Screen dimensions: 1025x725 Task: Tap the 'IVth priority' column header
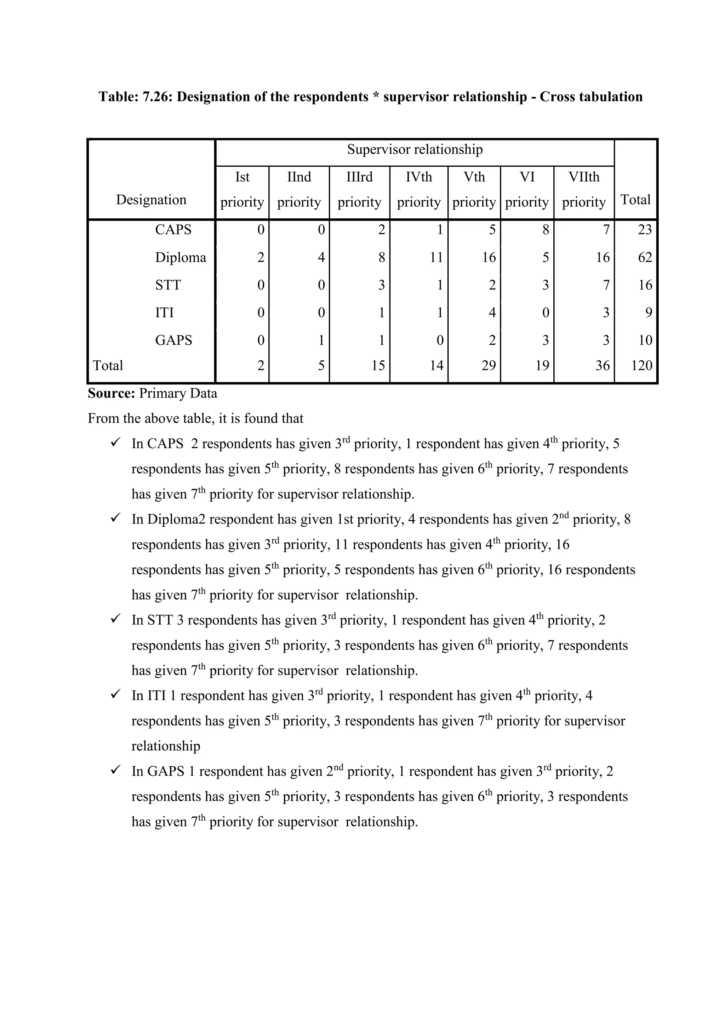tap(418, 190)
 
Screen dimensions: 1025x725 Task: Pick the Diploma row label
tap(180, 258)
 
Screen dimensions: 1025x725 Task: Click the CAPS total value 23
tap(645, 230)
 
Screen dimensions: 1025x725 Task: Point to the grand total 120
tap(641, 366)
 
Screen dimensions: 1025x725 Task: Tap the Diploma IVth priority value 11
tap(436, 258)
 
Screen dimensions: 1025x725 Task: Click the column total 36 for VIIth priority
tap(602, 366)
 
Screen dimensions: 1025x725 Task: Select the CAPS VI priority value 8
tap(545, 230)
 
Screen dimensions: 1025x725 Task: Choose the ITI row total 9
tap(648, 313)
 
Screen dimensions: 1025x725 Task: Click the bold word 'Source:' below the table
tap(111, 394)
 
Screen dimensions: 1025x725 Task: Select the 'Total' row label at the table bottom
tap(108, 366)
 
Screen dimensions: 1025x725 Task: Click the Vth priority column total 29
tap(489, 366)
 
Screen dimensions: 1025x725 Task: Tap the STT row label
tap(167, 285)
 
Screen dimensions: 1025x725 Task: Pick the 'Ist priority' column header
tap(242, 190)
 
